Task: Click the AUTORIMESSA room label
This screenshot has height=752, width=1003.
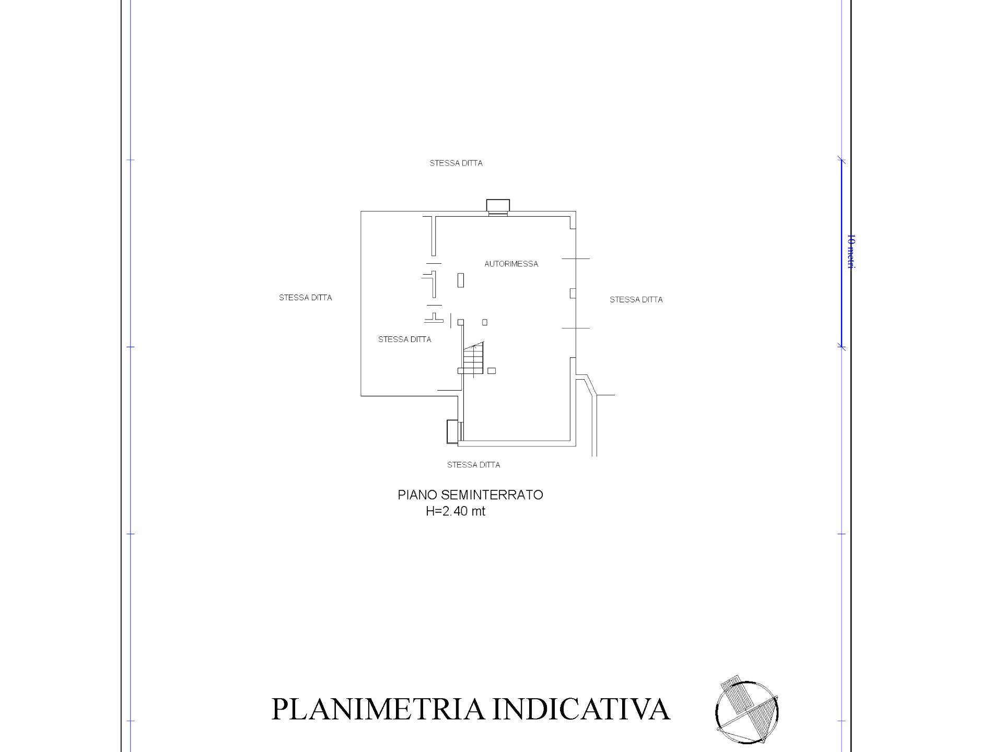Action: point(511,264)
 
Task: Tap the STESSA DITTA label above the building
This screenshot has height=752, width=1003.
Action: point(456,163)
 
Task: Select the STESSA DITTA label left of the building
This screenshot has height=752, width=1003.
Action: point(305,298)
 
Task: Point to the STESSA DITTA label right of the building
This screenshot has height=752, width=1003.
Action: point(636,300)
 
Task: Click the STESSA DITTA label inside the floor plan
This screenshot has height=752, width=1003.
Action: point(405,339)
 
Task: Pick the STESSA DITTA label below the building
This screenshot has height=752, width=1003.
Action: point(474,465)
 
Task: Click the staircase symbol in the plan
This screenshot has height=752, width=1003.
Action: point(474,360)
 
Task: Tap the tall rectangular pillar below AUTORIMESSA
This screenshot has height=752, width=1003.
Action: point(461,280)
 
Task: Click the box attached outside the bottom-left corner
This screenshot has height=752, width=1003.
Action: point(452,432)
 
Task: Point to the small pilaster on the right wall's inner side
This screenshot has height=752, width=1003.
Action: point(573,293)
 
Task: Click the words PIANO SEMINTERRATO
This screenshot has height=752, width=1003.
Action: point(470,495)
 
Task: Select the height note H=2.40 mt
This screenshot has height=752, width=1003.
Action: point(456,511)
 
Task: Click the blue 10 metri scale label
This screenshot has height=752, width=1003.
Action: point(850,252)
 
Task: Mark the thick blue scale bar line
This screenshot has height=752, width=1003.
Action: point(841,253)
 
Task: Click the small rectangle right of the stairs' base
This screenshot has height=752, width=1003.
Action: point(492,371)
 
